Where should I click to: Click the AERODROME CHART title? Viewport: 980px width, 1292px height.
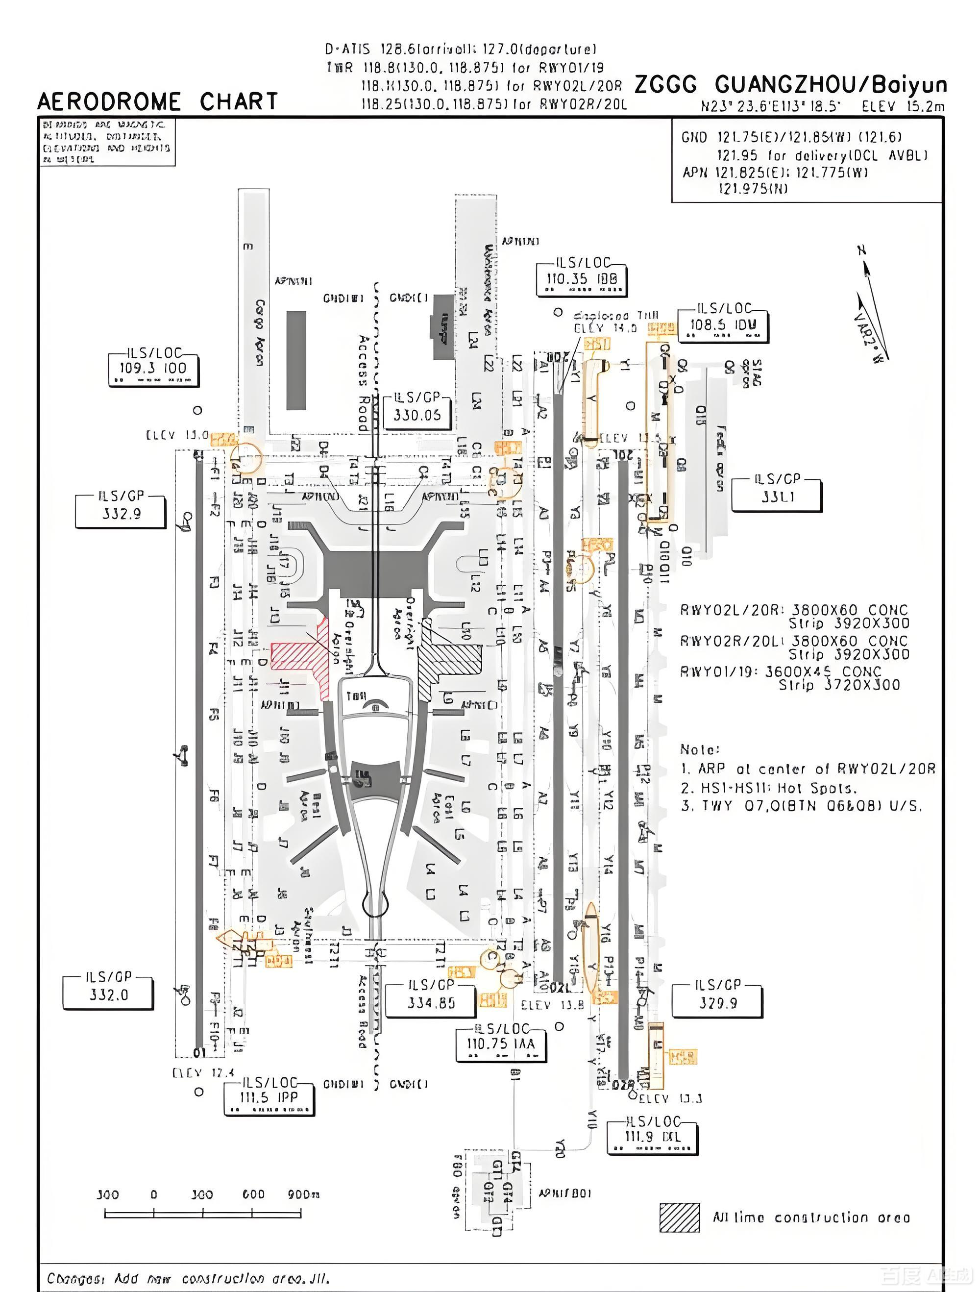(x=158, y=101)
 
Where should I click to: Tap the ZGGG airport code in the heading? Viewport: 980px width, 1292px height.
(x=665, y=85)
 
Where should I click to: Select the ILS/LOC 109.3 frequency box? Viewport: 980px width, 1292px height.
(x=153, y=369)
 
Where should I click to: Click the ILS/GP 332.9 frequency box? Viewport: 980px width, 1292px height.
(x=121, y=512)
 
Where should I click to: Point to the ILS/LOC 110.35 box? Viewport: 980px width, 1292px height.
(x=582, y=279)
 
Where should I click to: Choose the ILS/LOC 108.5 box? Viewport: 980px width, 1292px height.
(x=723, y=325)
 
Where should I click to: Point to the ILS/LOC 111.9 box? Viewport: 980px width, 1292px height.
(x=652, y=1137)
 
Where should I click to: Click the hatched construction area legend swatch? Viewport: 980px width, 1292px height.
(x=679, y=1218)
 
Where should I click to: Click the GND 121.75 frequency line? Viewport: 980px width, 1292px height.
(x=791, y=137)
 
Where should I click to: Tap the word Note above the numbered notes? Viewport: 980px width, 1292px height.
(x=699, y=749)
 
